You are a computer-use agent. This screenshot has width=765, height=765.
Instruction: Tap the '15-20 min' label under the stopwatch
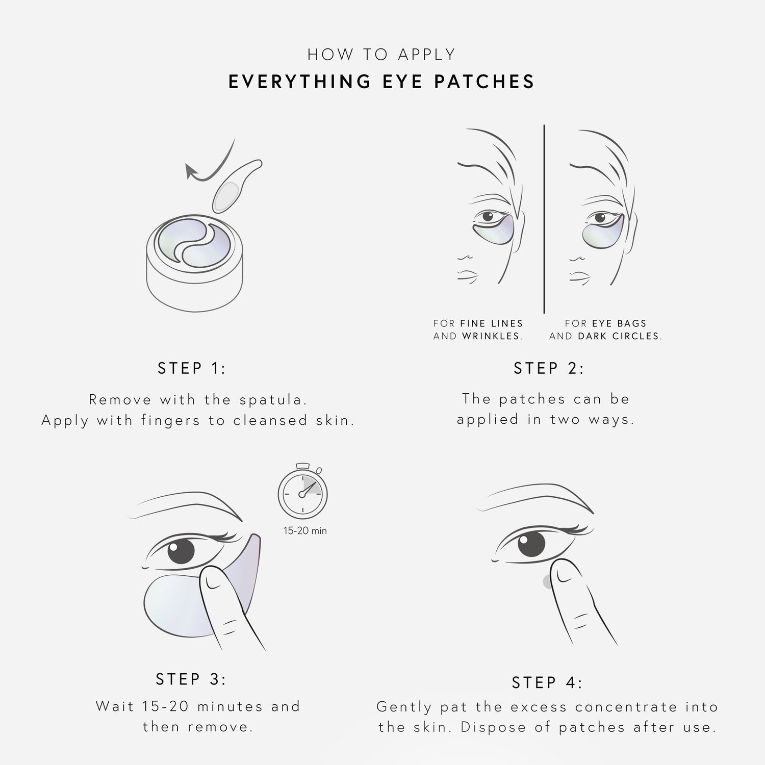click(305, 531)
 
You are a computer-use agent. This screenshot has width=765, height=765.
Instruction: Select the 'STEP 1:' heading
click(192, 368)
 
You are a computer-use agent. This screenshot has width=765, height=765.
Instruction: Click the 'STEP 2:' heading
click(549, 368)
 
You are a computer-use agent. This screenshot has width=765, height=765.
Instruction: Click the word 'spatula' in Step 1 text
click(273, 399)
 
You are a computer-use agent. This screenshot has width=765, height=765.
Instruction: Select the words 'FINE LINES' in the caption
click(492, 323)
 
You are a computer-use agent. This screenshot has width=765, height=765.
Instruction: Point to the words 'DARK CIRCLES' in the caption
click(620, 336)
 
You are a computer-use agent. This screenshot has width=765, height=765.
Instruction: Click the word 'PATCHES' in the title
click(484, 82)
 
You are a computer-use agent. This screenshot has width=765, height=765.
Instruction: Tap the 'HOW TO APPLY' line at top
click(381, 55)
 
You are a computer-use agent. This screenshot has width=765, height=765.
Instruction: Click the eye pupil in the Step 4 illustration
click(531, 545)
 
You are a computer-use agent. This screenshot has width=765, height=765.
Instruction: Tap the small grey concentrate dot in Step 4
click(547, 581)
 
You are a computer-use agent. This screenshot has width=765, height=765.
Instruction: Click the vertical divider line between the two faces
click(544, 219)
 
